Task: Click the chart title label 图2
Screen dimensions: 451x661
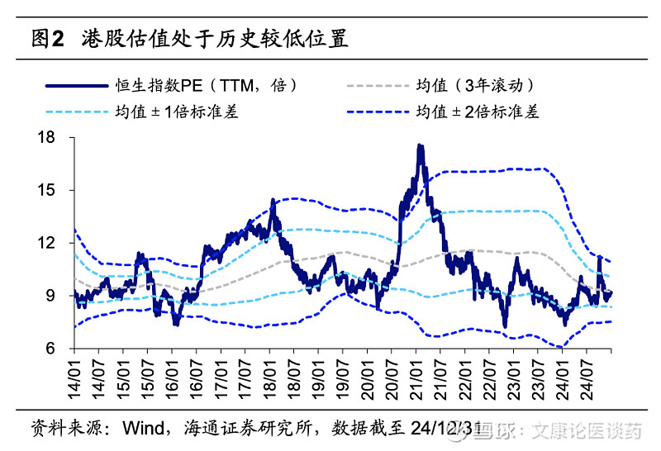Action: coord(47,38)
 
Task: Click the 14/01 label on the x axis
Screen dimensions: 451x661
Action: coord(74,376)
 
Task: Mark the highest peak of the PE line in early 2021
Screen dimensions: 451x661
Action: coord(420,146)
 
